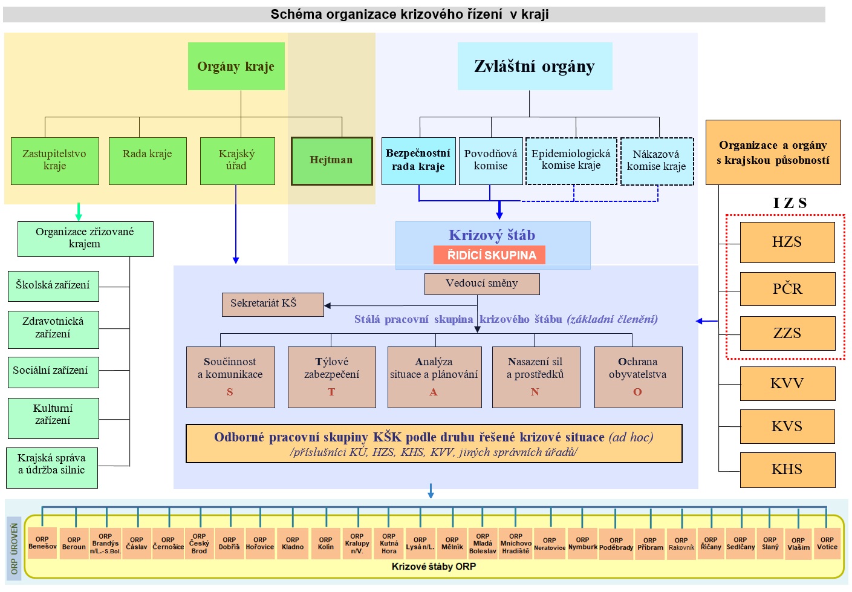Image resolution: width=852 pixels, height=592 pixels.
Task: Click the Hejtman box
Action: click(x=331, y=161)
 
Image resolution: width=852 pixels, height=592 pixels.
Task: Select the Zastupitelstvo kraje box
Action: click(x=54, y=161)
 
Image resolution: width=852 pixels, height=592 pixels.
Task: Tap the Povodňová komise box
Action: click(x=490, y=161)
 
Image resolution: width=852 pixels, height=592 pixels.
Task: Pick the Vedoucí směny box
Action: click(x=481, y=284)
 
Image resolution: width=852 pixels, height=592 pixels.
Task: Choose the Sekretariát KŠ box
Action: click(x=272, y=304)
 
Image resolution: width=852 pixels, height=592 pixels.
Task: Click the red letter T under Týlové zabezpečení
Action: click(x=331, y=392)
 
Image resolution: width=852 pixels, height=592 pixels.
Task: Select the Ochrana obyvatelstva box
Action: click(x=638, y=377)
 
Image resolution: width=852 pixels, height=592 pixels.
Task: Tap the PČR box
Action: click(x=787, y=289)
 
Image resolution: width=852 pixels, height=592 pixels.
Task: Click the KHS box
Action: click(x=787, y=469)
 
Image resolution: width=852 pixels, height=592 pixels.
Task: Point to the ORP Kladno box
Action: click(x=293, y=544)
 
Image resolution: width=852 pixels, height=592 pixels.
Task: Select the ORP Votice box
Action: click(x=827, y=544)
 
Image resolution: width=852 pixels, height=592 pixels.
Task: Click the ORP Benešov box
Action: click(x=42, y=543)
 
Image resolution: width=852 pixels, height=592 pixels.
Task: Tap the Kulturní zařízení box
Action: click(x=53, y=418)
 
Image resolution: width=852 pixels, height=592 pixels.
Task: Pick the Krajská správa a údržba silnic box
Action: click(x=52, y=467)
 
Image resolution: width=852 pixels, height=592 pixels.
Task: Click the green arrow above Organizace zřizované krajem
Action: click(x=78, y=212)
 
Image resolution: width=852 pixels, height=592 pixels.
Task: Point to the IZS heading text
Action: click(x=790, y=203)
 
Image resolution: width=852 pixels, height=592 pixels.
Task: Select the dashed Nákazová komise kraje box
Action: click(x=657, y=161)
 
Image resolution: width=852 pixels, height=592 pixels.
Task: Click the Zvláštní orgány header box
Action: click(x=535, y=67)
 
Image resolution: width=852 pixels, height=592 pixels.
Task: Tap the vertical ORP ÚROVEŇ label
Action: click(x=15, y=549)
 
